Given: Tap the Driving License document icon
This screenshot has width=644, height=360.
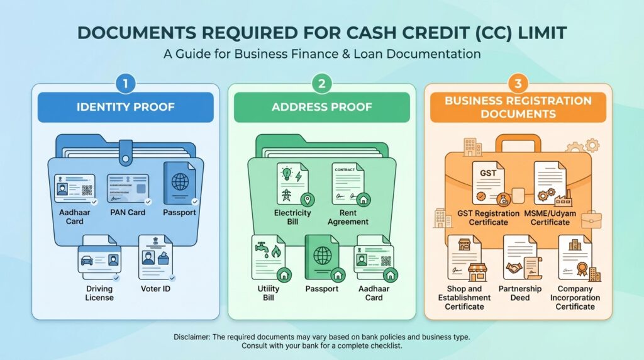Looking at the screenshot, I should [x=98, y=258].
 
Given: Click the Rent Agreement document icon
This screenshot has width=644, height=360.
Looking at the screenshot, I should [x=350, y=184].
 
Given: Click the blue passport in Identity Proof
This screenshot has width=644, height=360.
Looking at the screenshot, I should [x=180, y=184].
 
